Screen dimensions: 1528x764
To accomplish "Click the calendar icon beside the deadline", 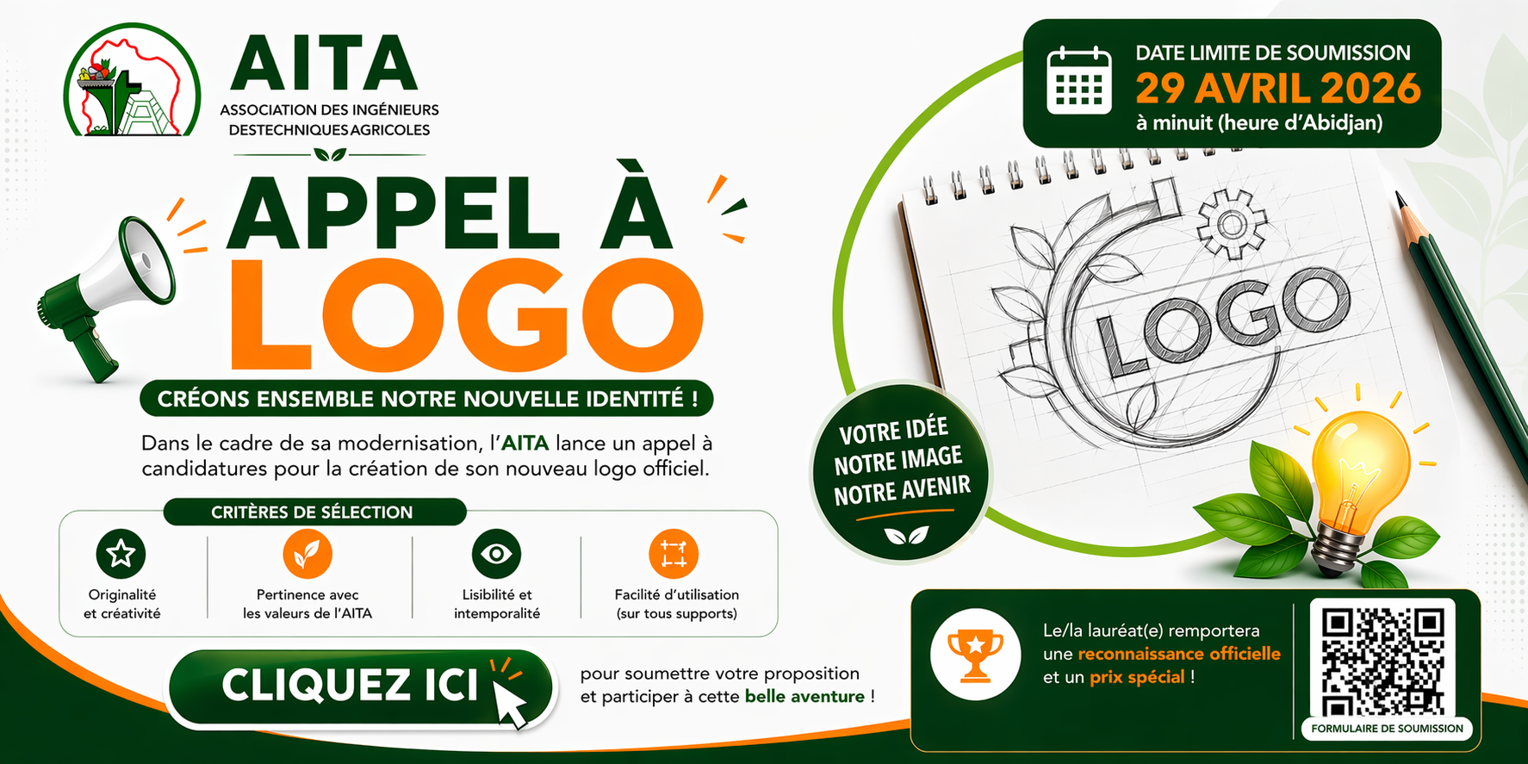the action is click(1079, 82).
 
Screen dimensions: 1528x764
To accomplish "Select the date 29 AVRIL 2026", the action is click(1277, 88).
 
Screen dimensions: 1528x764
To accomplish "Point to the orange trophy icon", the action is click(975, 654).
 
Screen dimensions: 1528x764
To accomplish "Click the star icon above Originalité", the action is click(121, 553).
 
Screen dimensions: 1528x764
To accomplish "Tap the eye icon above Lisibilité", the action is click(497, 553).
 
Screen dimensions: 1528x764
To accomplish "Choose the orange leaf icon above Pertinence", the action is click(307, 553).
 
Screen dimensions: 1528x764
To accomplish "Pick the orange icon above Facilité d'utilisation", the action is click(674, 553).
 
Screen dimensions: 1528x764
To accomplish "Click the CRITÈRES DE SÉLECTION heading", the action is click(312, 512).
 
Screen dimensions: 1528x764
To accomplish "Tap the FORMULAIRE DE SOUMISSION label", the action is click(1387, 728).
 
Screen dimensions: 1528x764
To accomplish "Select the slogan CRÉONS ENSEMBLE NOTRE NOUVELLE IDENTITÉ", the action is click(426, 399).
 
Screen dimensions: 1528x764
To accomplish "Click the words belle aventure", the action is click(804, 696).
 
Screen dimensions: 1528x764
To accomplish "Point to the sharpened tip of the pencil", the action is click(1398, 196).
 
